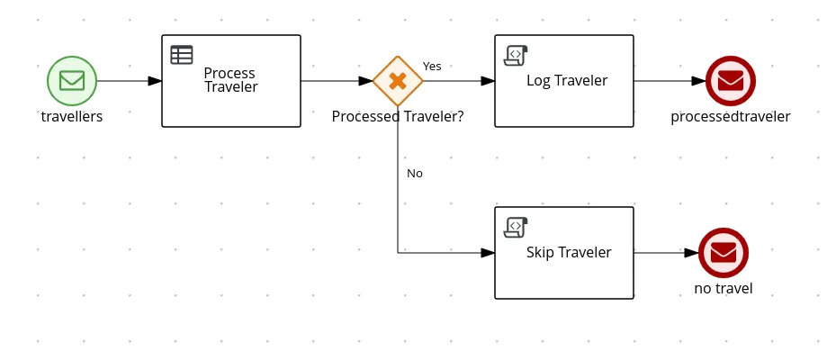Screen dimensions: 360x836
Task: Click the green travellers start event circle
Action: [x=71, y=80]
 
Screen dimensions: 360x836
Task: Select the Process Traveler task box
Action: [x=230, y=81]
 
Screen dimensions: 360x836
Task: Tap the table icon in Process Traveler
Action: [x=182, y=55]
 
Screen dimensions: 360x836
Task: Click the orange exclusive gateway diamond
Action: [x=398, y=80]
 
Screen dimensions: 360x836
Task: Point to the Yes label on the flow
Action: [x=432, y=66]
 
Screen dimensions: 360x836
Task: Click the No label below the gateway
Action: [x=415, y=173]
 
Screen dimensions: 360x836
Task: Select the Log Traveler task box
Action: [x=564, y=81]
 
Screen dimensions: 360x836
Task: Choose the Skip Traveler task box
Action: [x=564, y=253]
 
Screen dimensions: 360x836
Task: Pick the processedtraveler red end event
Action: [x=730, y=80]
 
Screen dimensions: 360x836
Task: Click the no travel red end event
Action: [x=724, y=253]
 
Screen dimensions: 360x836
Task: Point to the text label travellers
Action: [x=72, y=116]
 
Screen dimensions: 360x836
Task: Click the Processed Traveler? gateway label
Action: [x=398, y=116]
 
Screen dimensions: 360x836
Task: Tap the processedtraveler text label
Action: [x=731, y=116]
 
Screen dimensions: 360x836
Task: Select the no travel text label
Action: [x=724, y=289]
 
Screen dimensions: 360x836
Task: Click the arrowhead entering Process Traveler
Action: [x=155, y=81]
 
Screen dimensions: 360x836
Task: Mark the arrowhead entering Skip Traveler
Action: [x=489, y=253]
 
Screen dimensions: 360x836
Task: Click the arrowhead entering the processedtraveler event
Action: [x=698, y=81]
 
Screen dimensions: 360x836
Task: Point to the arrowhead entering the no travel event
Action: [x=692, y=253]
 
